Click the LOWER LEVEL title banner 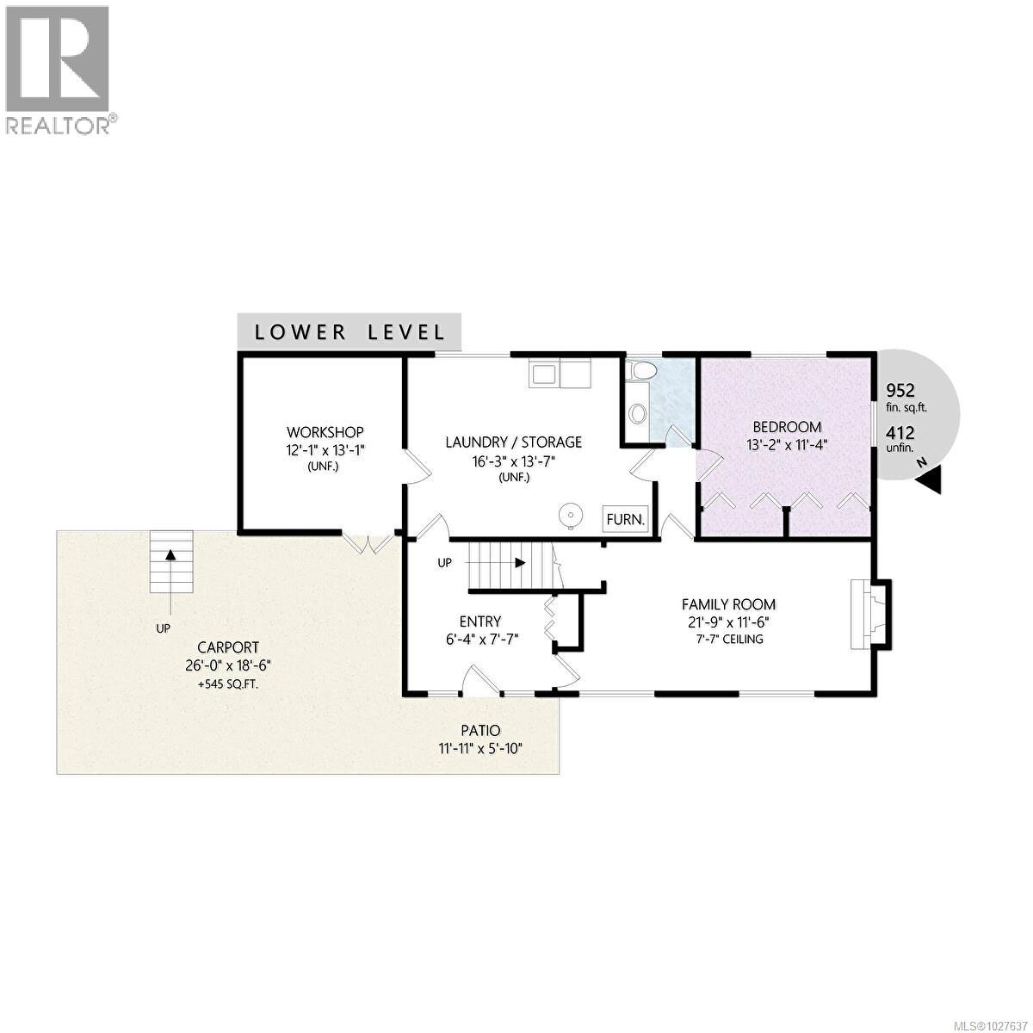[349, 331]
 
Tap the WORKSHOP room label [325, 432]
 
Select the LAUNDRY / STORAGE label [513, 442]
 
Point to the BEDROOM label [787, 427]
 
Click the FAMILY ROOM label [728, 604]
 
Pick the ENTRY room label [479, 622]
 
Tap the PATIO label [479, 731]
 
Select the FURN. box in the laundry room [625, 519]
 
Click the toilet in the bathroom [640, 370]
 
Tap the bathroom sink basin [637, 414]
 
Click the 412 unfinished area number [900, 433]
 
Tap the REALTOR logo [59, 69]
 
